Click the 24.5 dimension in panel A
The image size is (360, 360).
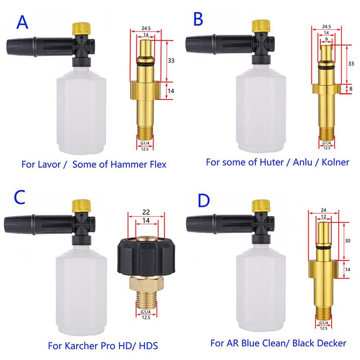click(x=146, y=28)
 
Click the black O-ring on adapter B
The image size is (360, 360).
click(x=326, y=67)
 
